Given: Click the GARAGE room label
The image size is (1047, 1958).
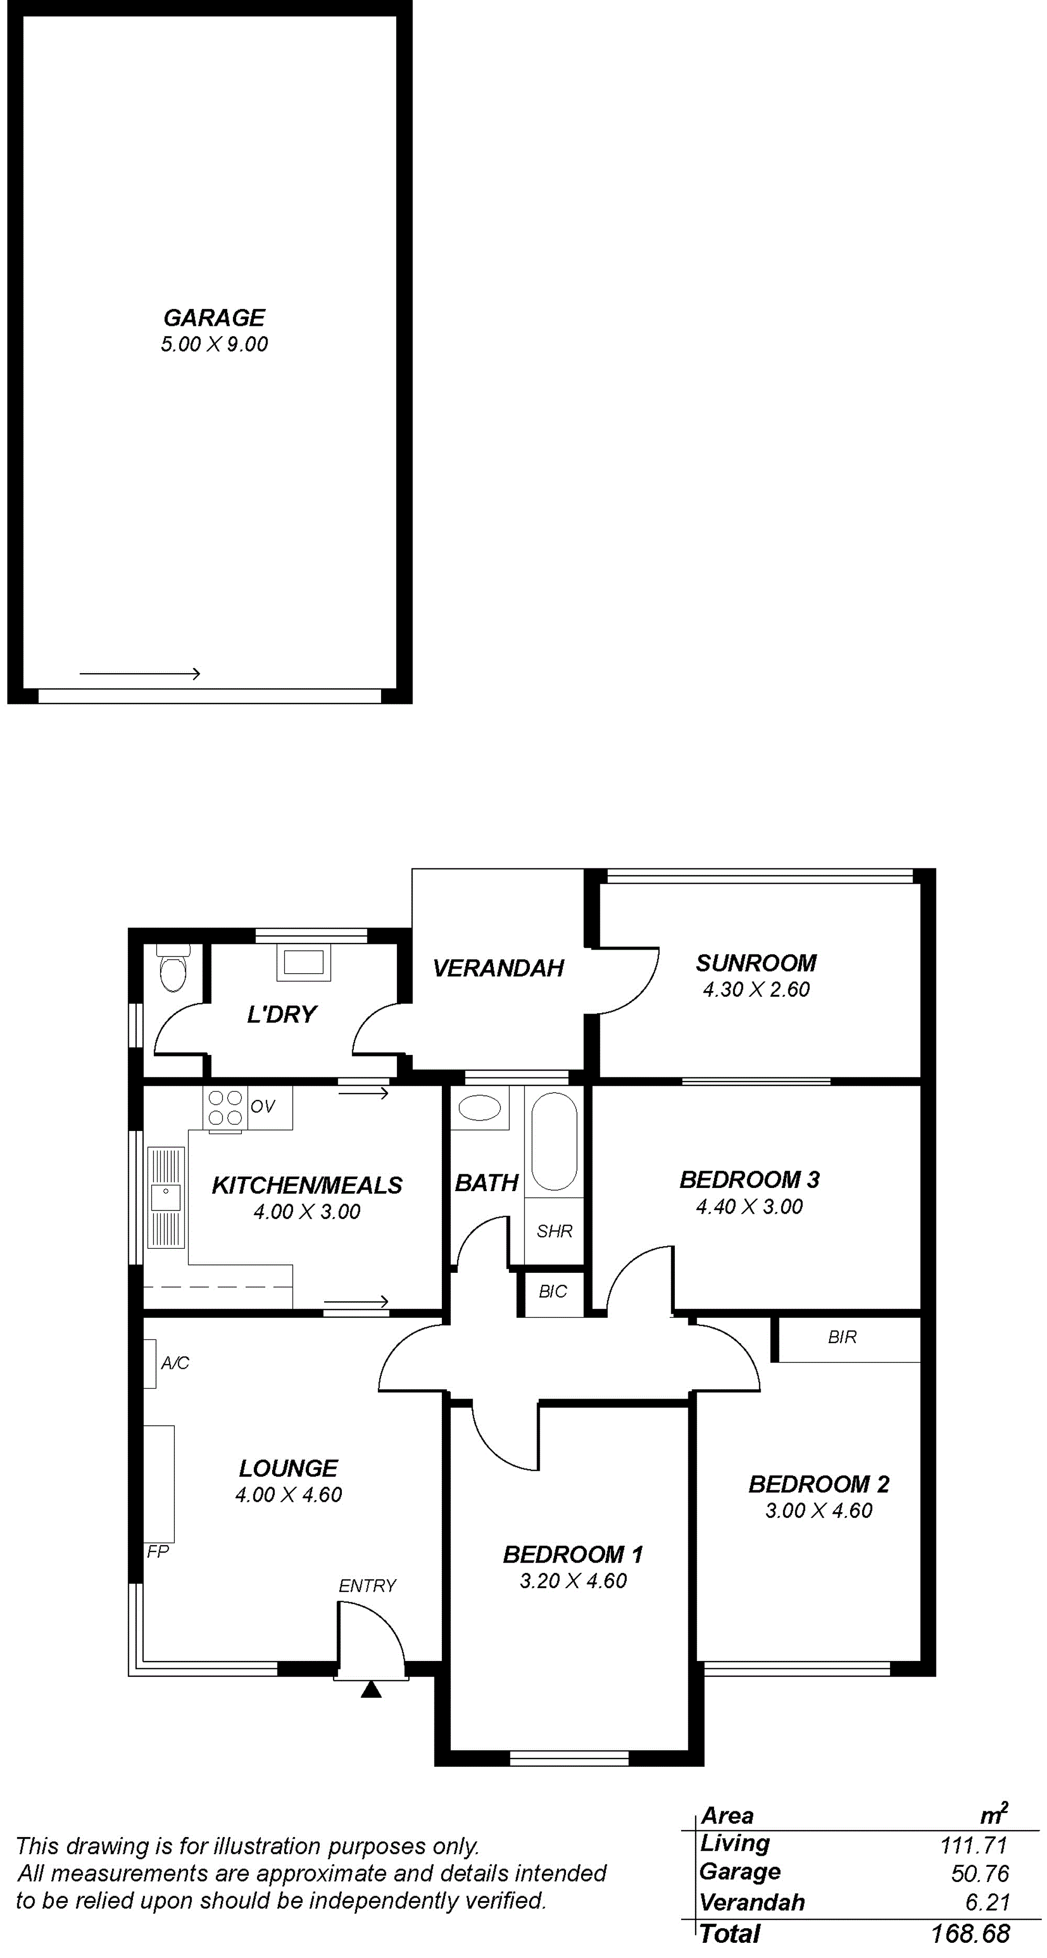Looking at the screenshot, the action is [214, 318].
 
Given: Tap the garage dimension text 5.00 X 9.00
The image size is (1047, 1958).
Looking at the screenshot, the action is [214, 344].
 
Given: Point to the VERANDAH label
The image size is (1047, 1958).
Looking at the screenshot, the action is [498, 969].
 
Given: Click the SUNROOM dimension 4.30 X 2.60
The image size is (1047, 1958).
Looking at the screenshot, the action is [756, 989].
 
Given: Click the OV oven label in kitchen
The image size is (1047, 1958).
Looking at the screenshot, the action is [262, 1107].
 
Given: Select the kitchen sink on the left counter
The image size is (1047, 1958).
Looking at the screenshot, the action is [165, 1197].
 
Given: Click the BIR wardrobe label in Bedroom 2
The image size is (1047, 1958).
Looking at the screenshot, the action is [842, 1337].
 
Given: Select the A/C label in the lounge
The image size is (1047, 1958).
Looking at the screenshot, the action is [175, 1363].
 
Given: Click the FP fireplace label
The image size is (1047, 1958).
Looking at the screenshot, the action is [157, 1552].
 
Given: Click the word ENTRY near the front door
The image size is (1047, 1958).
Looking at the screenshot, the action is [367, 1586].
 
